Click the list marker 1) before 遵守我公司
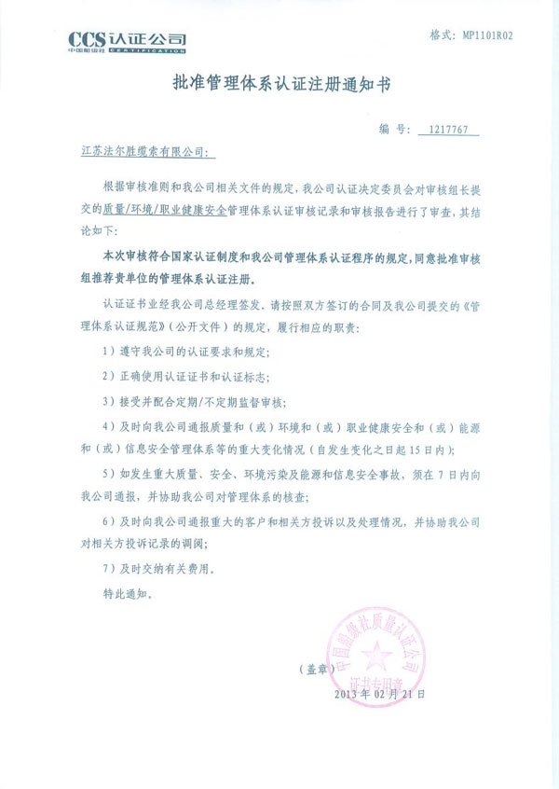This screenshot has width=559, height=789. click(x=110, y=352)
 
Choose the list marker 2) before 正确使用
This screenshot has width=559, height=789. click(x=110, y=377)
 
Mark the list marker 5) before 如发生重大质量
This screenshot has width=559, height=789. click(x=110, y=474)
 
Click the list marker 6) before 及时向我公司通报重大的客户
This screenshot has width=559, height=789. click(x=110, y=521)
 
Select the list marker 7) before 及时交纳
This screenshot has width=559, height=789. click(x=110, y=569)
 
